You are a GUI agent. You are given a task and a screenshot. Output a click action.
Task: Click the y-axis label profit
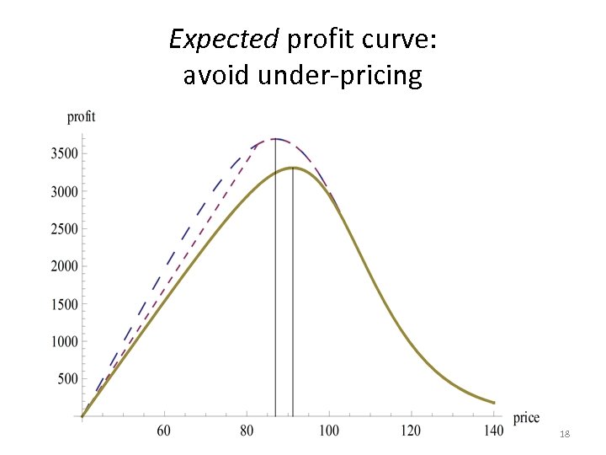(82, 116)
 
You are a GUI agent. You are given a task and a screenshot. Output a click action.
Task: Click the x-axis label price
(526, 417)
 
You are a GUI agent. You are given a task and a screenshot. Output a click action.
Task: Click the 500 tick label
(67, 379)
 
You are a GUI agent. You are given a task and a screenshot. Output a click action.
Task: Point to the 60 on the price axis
(164, 431)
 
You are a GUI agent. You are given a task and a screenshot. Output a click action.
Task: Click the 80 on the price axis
(247, 431)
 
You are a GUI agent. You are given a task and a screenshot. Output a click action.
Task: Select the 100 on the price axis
(329, 431)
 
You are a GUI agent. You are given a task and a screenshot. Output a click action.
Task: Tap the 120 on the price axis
(412, 431)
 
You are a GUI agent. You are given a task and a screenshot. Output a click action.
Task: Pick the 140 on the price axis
(494, 431)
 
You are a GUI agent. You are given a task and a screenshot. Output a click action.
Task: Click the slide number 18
(565, 433)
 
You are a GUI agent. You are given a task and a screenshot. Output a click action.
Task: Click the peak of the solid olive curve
(292, 168)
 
